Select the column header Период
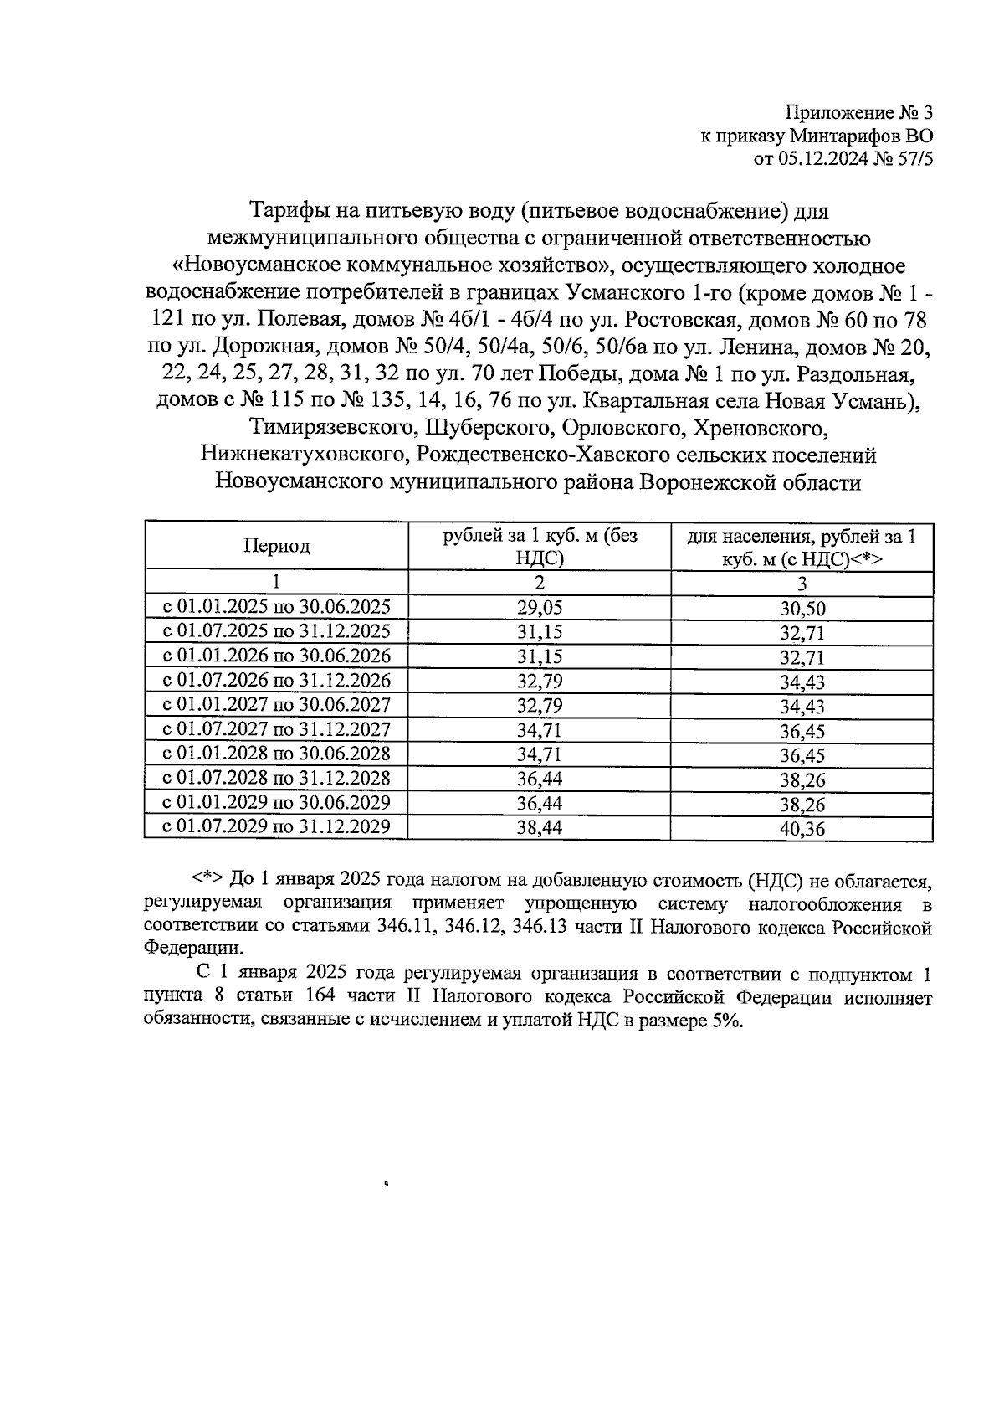pyautogui.click(x=277, y=547)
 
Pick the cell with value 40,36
pyautogui.click(x=802, y=830)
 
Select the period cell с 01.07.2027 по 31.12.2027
pyautogui.click(x=277, y=729)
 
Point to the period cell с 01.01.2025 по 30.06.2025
pyautogui.click(x=277, y=607)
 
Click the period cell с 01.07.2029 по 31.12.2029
pyautogui.click(x=277, y=827)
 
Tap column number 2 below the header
pyautogui.click(x=540, y=583)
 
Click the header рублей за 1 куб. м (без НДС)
pyautogui.click(x=540, y=547)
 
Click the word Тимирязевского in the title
pyautogui.click(x=334, y=429)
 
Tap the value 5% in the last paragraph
pyautogui.click(x=726, y=1022)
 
